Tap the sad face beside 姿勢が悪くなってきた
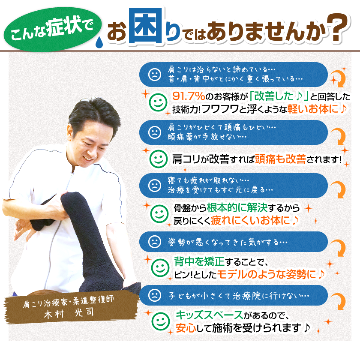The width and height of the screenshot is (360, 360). point(153,241)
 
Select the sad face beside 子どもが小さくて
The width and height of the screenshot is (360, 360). point(153,295)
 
